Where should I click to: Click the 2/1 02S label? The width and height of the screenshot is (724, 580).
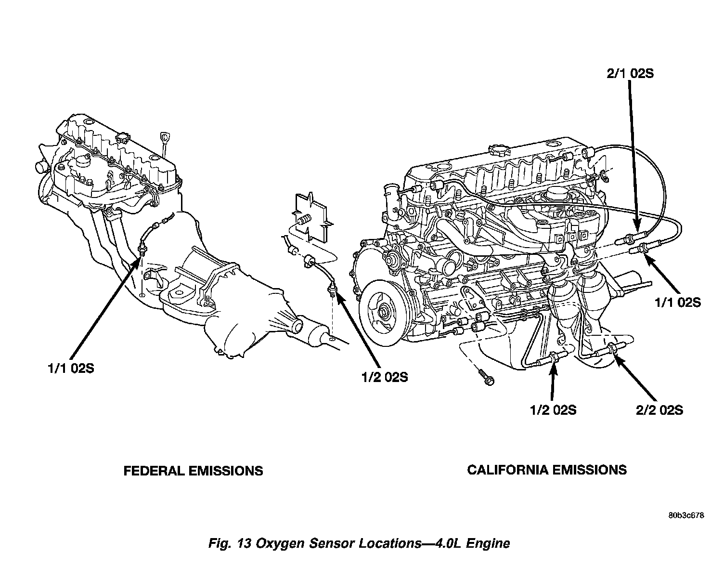coord(630,74)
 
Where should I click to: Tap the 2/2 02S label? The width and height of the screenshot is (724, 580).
coord(659,410)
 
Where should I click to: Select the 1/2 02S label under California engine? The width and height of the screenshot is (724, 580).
coord(553,410)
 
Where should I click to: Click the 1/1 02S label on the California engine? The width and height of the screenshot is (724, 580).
coord(678,303)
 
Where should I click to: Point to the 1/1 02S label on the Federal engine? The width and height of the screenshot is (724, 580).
coord(71,368)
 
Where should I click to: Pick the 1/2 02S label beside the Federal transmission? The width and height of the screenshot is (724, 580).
coord(385,377)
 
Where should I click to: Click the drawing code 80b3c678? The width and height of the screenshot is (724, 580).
coord(686,515)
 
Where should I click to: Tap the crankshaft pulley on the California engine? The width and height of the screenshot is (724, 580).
coord(383,313)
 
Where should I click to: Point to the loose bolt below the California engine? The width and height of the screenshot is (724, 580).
coord(485,378)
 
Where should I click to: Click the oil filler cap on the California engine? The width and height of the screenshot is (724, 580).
coord(497,149)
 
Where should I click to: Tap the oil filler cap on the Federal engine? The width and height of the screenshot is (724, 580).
coord(122,138)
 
